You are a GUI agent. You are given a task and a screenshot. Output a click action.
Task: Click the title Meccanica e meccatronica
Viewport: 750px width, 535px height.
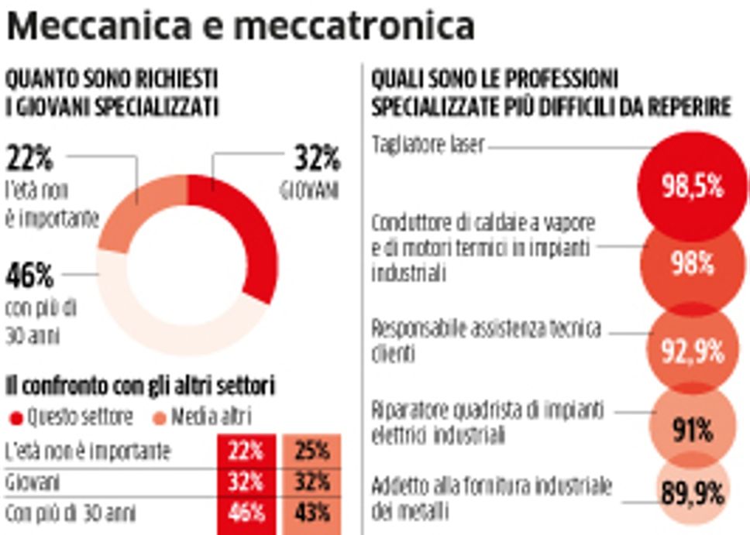tap(240, 26)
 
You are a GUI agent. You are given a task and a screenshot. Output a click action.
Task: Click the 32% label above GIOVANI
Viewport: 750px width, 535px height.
tap(317, 159)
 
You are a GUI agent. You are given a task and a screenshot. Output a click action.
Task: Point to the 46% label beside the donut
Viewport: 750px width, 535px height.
tap(30, 275)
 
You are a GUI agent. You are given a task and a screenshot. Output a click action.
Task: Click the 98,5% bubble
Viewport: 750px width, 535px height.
tap(692, 186)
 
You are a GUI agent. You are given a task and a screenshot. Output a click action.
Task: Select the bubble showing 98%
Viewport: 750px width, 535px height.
tap(692, 263)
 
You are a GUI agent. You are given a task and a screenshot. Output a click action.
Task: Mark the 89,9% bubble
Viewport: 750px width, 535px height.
tap(692, 492)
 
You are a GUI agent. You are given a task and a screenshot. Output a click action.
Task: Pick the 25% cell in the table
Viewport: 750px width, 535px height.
tap(313, 451)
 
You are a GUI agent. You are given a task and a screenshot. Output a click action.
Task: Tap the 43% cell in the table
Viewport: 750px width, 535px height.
tap(313, 513)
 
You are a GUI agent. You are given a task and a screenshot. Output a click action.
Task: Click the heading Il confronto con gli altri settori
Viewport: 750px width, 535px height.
tap(142, 385)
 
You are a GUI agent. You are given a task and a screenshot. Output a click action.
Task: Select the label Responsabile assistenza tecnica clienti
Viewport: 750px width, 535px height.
tap(486, 340)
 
